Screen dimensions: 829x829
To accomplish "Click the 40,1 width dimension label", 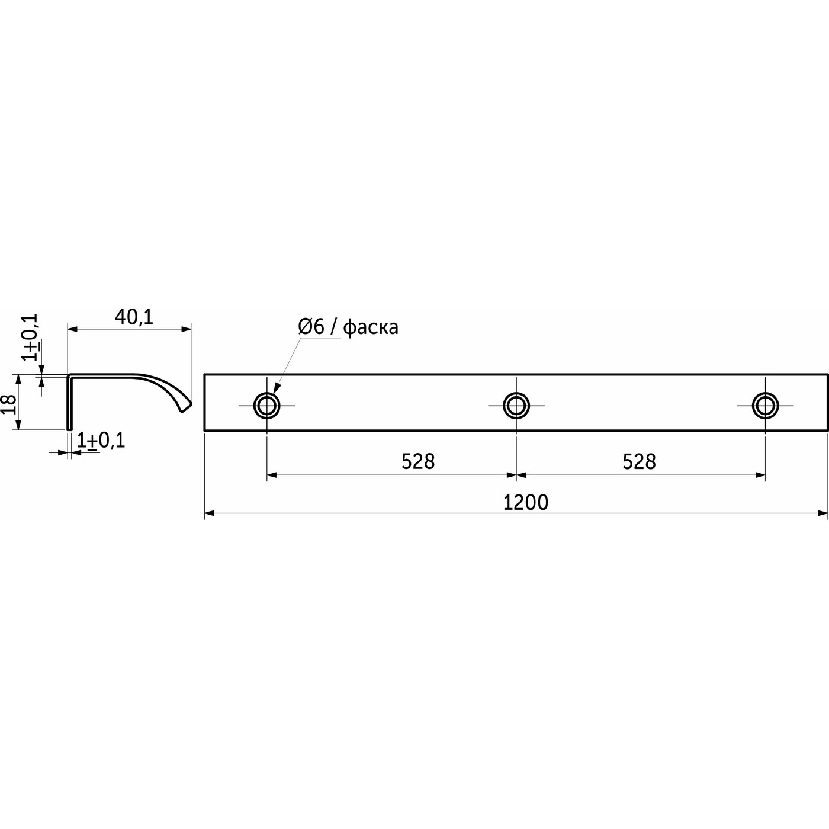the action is click(x=134, y=317).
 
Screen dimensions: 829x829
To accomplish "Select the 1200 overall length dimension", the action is click(x=526, y=502).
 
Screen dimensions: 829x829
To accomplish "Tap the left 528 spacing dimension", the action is click(x=418, y=462).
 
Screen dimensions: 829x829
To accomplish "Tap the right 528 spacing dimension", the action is click(x=640, y=462).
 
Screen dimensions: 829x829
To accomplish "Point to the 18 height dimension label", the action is click(x=9, y=404).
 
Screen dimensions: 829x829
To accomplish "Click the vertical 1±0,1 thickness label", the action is click(x=31, y=337).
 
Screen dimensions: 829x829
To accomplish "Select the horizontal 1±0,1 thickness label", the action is click(x=101, y=441).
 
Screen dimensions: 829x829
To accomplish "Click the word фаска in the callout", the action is click(x=371, y=328).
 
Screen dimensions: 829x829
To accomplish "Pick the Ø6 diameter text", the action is click(x=311, y=327).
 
